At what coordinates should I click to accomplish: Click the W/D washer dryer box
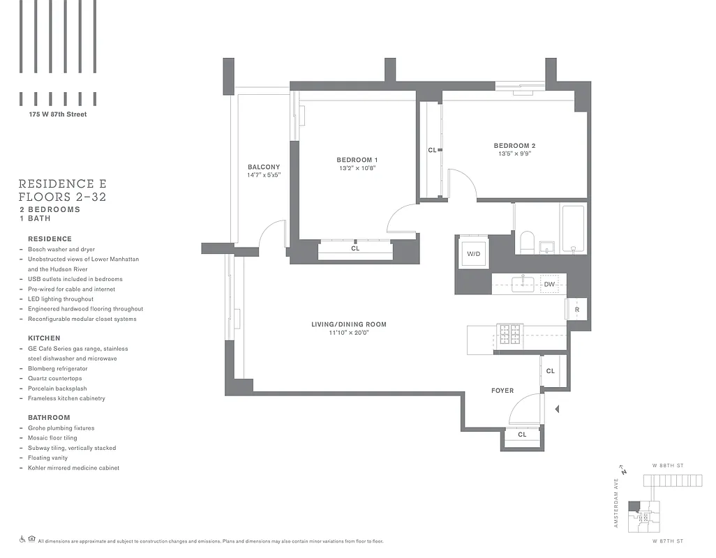pos(473,254)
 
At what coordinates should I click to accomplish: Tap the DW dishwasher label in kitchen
pos(549,284)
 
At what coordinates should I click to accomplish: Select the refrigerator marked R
pos(577,309)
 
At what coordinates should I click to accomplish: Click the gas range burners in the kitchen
pos(509,334)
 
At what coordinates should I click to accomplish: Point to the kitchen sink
pos(523,283)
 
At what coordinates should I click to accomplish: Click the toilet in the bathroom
pos(527,243)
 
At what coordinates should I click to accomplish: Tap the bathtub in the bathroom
pos(574,228)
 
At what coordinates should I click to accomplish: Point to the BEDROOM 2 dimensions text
pos(515,155)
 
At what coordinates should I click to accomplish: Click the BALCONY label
pos(264,167)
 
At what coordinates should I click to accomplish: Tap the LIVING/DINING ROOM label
pos(349,324)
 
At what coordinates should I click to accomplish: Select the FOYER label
pos(502,391)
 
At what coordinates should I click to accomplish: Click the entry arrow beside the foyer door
pos(556,409)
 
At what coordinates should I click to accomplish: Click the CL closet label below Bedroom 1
pos(355,248)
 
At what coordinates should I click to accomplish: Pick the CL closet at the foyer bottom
pos(522,435)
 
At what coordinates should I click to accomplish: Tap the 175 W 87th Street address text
pos(53,114)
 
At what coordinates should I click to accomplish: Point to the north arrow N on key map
pos(623,471)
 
